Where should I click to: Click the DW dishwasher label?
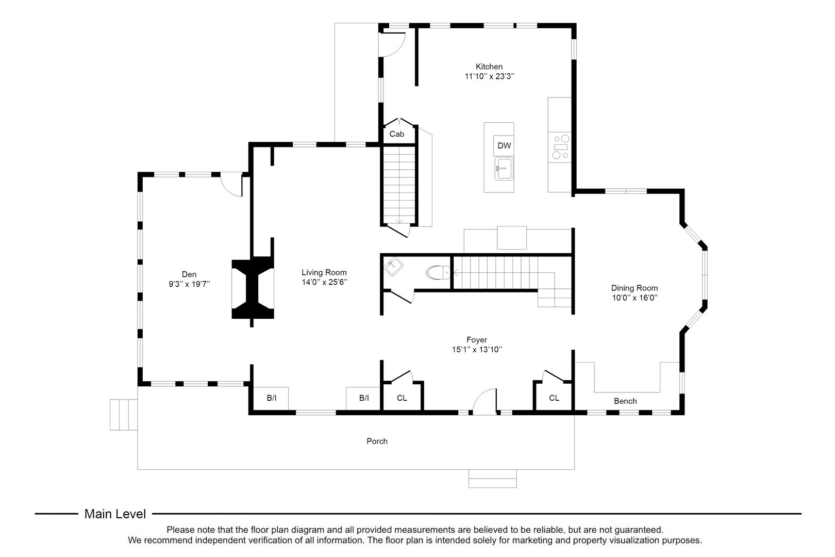point(504,146)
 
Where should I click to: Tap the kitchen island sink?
point(504,169)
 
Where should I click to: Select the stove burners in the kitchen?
point(560,146)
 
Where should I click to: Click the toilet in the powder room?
point(438,272)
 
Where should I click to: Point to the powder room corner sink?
point(394,267)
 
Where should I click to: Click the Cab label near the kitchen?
point(396,134)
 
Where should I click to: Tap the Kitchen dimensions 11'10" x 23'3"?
point(489,76)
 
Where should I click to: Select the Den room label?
point(189,274)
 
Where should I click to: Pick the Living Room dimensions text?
point(324,282)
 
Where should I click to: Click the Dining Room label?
point(634,288)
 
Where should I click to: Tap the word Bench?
point(625,401)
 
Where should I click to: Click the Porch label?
point(377,441)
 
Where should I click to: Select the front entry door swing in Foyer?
point(485,401)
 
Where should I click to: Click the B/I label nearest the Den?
point(272,398)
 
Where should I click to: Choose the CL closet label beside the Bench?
point(554,398)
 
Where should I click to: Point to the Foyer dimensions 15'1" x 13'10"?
point(477,349)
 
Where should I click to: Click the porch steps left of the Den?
point(124,414)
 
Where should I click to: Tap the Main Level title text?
point(115,514)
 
